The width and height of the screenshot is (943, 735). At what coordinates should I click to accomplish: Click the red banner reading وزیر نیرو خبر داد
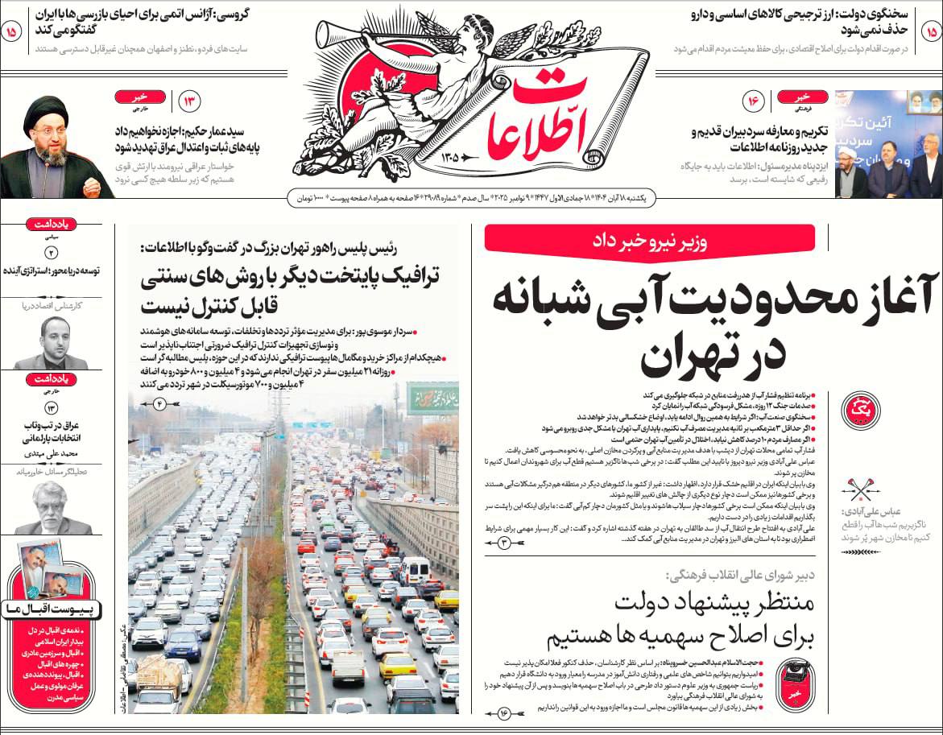click(649, 238)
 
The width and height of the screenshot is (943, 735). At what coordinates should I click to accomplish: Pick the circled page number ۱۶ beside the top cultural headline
click(754, 102)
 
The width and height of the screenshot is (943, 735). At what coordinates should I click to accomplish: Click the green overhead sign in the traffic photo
click(432, 398)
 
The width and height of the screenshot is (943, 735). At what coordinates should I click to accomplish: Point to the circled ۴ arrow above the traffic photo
click(158, 403)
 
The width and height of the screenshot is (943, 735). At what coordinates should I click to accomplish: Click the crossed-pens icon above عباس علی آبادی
click(855, 489)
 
